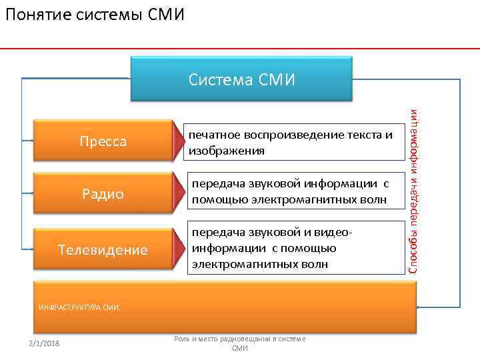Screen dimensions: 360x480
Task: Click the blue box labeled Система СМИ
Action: pos(241,80)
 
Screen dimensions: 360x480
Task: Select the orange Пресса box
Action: pos(103,142)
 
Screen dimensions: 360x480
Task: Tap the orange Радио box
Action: pos(103,194)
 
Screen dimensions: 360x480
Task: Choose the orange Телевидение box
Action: pos(103,250)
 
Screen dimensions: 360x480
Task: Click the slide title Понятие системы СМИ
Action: pos(94,14)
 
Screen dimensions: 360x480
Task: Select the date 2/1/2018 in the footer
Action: pos(44,343)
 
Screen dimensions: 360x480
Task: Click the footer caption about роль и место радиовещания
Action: pos(239,343)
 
